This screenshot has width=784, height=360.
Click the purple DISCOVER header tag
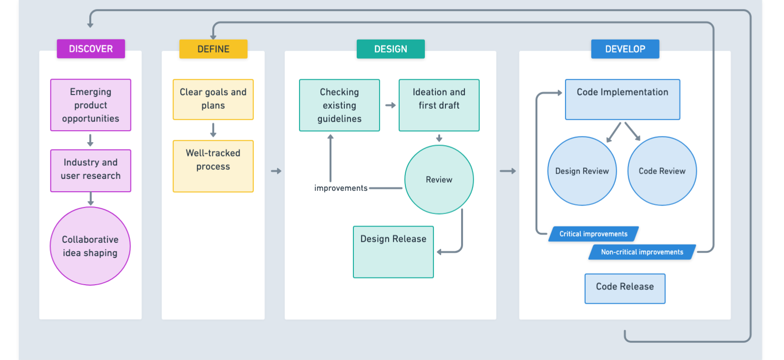tap(91, 49)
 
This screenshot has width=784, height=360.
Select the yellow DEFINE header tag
tap(213, 49)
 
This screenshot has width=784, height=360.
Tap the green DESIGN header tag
tap(391, 49)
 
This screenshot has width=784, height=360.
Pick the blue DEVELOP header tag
tap(625, 49)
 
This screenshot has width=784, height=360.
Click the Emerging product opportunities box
tap(91, 105)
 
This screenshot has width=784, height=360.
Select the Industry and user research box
tap(91, 170)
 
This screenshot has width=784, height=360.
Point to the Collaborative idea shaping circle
tap(90, 246)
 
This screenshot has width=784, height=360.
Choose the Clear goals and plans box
tap(213, 99)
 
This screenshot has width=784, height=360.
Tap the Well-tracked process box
tap(213, 166)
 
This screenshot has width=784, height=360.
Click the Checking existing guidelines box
tap(340, 105)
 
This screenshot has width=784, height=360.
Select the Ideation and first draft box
tap(439, 105)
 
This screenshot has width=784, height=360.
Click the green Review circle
tap(439, 180)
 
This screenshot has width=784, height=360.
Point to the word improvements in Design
tap(340, 188)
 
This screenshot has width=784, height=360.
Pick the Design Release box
tap(393, 251)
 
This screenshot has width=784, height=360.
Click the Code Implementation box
tap(622, 99)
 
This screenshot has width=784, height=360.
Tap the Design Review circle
tap(582, 171)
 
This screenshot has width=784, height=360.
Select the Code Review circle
tap(662, 171)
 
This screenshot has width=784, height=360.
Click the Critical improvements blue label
tap(593, 234)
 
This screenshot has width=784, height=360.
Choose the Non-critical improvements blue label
tap(642, 252)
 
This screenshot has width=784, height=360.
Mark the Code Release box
tap(625, 288)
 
